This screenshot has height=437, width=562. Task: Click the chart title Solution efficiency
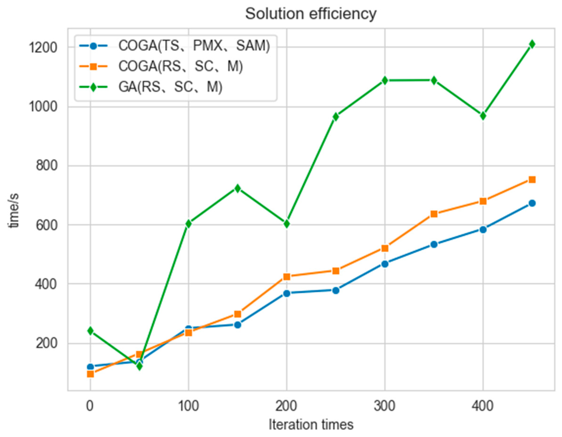point(311,14)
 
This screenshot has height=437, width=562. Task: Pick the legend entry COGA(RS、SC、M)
point(180,66)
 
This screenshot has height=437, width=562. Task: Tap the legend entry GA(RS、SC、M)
point(170,87)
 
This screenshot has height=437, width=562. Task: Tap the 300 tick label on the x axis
point(384,406)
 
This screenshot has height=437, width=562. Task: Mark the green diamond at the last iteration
point(532,44)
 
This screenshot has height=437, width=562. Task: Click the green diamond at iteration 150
point(237,188)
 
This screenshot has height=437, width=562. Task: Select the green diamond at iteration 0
point(90,331)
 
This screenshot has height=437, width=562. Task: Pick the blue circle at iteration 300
point(385,264)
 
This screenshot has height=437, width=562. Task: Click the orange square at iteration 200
point(287,277)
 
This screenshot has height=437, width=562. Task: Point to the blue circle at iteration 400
point(483,229)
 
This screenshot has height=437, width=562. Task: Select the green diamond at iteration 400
point(483,116)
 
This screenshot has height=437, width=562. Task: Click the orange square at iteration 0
point(90,374)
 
